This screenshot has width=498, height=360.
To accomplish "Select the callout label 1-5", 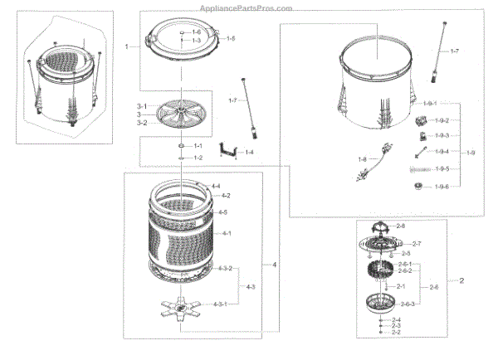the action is coord(231,39).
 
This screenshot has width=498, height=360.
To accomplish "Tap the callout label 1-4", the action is coord(248,152).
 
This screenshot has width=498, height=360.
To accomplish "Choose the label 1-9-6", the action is coord(442,187).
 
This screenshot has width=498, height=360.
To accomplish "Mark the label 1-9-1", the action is coord(430,103).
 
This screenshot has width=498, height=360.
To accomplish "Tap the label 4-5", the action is coord(222,212).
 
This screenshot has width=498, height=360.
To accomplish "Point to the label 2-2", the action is coord(395,333).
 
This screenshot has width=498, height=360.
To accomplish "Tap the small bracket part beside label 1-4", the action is coord(225,152).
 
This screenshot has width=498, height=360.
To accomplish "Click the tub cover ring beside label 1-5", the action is coord(184,40).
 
